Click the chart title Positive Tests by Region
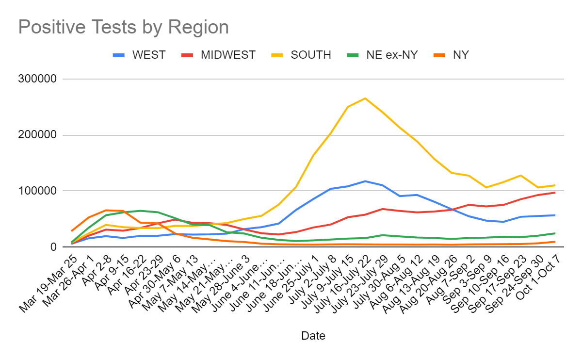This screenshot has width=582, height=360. [x=123, y=27]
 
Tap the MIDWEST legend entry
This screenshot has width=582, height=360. [x=228, y=55]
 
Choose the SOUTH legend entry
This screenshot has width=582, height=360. [x=311, y=55]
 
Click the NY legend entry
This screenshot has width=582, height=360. [x=461, y=55]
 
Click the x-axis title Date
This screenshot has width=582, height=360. [x=313, y=335]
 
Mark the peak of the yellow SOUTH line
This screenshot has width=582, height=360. [x=365, y=98]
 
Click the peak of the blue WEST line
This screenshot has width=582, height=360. [x=365, y=181]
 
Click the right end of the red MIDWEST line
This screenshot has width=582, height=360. [x=555, y=193]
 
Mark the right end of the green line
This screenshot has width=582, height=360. [x=555, y=233]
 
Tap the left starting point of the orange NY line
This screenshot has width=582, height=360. [x=72, y=231]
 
